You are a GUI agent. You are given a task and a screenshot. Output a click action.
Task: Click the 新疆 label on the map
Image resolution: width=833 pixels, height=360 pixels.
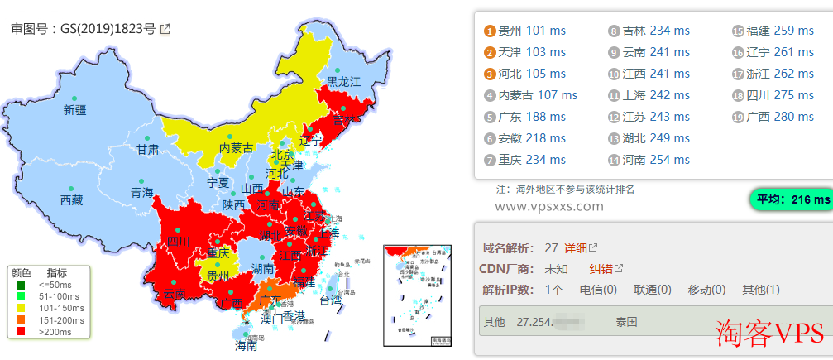(74, 110)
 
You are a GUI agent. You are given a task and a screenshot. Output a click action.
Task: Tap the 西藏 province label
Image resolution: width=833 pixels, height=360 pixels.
(72, 200)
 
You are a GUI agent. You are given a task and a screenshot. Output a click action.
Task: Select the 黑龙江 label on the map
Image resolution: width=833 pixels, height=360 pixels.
(344, 81)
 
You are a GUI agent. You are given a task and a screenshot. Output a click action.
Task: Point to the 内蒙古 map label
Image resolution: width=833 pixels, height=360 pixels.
(236, 148)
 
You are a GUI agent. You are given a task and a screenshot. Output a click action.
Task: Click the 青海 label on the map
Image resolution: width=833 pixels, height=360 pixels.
(142, 193)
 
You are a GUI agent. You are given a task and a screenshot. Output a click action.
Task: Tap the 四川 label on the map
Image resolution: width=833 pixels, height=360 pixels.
(179, 242)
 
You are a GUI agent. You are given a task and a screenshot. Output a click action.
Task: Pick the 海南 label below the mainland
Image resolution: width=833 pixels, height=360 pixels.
(246, 346)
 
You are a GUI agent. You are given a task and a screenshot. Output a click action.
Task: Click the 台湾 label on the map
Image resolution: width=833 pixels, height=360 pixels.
(330, 300)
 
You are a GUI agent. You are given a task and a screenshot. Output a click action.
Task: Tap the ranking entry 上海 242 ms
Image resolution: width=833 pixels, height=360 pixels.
(648, 95)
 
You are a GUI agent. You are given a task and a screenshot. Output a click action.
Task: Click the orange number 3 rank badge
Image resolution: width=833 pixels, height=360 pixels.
(490, 74)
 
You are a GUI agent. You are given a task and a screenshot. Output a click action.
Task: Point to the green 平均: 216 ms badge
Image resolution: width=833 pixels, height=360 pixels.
(790, 199)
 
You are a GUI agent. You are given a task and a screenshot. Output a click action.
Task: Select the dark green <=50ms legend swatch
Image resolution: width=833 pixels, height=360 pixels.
(21, 285)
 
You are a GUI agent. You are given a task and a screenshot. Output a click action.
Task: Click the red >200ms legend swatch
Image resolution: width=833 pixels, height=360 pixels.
(21, 331)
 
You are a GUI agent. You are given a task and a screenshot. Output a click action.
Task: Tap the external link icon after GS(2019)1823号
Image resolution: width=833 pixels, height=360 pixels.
(165, 29)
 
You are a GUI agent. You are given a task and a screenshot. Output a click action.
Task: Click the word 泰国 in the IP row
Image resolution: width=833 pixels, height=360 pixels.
(626, 321)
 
